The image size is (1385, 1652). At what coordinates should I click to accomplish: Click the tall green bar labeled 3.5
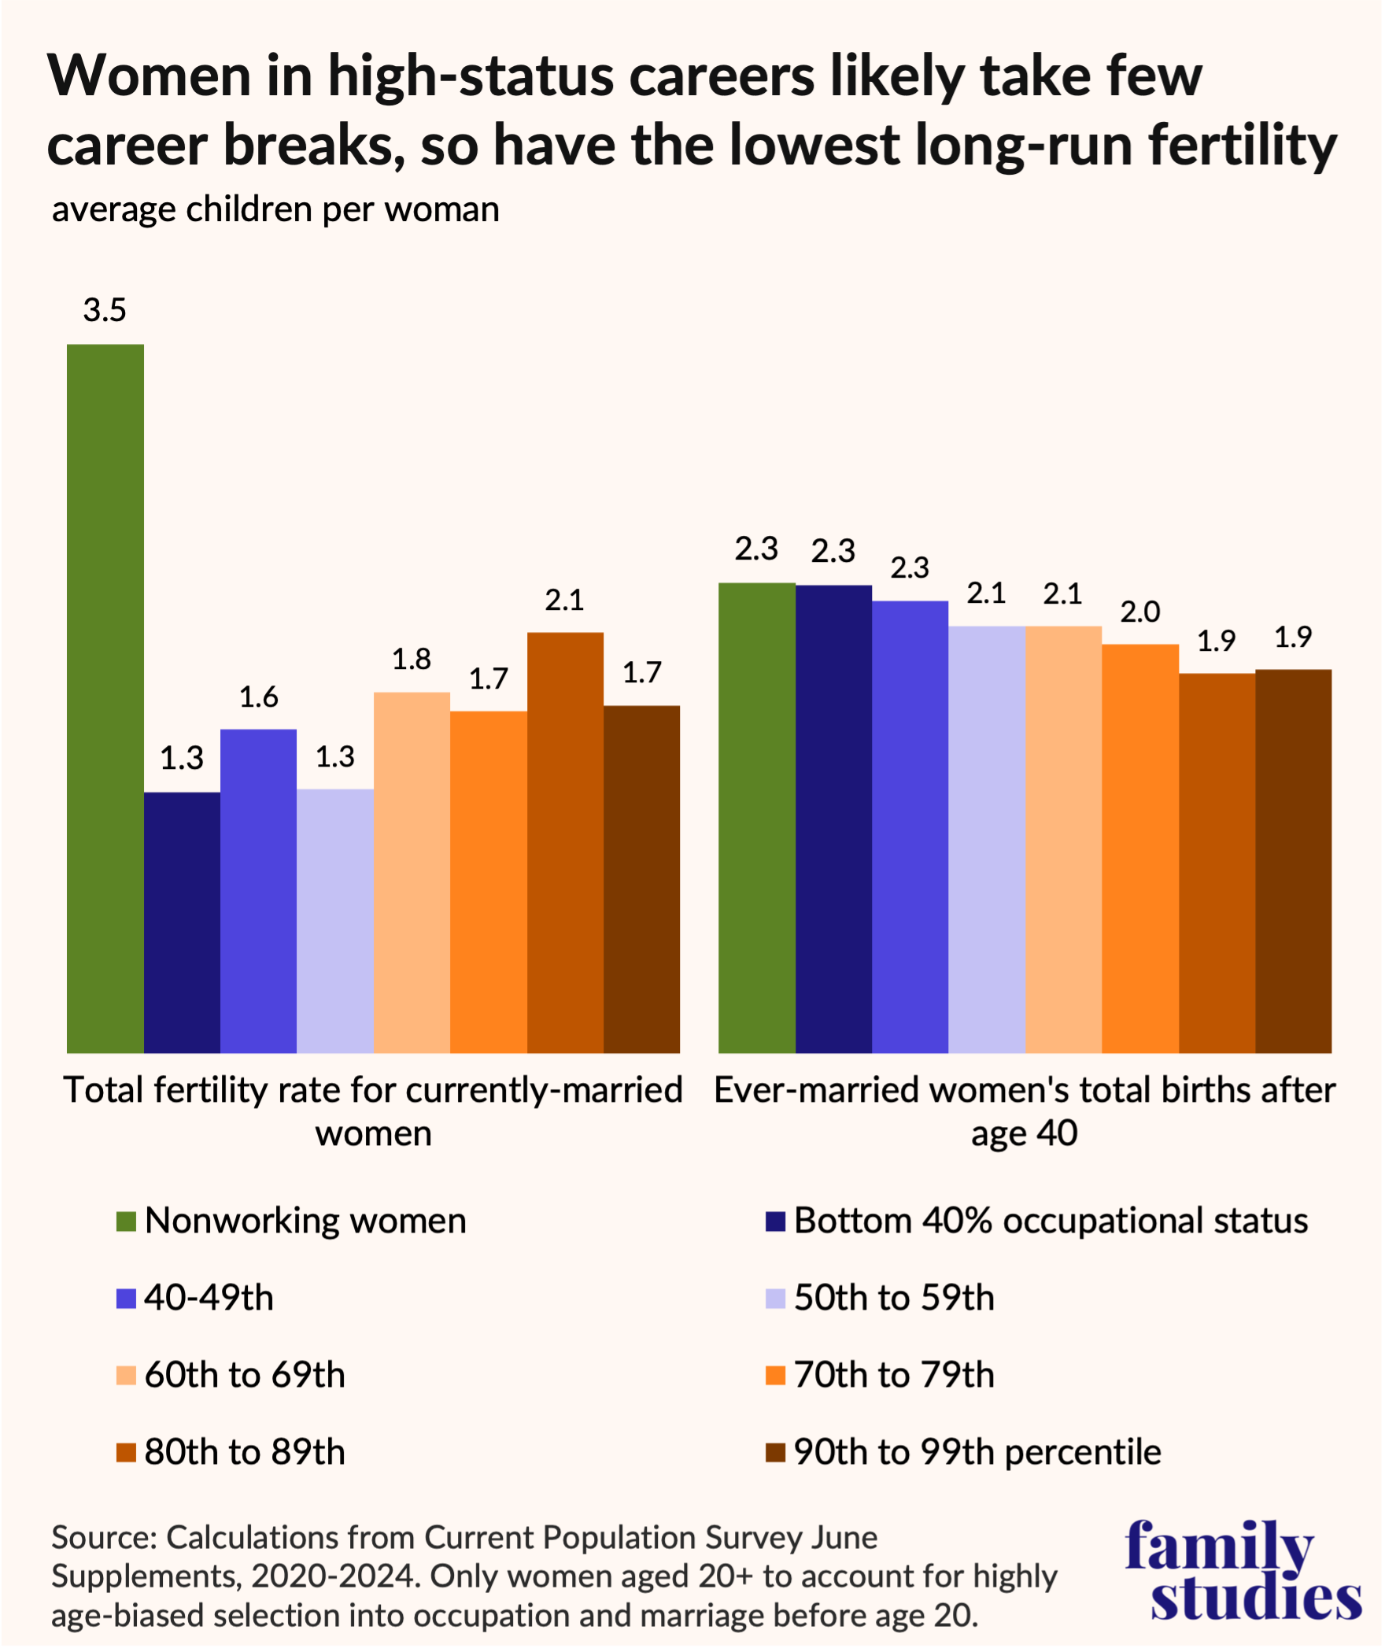tap(105, 698)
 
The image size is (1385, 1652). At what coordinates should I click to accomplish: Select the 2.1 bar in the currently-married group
tap(565, 842)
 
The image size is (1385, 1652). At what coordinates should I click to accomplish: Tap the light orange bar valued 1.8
tap(412, 872)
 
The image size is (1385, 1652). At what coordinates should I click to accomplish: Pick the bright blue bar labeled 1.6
tap(258, 891)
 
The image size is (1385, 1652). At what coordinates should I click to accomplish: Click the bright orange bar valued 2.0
tap(1140, 848)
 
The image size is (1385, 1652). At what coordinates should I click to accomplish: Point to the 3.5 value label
tap(105, 311)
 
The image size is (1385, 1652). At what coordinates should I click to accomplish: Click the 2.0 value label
tap(1140, 612)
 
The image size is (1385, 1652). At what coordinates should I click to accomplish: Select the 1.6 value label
tap(258, 697)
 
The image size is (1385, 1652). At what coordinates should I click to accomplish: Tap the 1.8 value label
tap(412, 660)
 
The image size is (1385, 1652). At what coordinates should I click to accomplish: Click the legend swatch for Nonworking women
tap(126, 1222)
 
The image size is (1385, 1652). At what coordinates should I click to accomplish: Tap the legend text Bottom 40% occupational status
tap(1051, 1221)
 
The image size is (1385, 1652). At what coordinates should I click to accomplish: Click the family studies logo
tap(1243, 1571)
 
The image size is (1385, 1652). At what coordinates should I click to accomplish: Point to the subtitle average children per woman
tap(275, 210)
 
